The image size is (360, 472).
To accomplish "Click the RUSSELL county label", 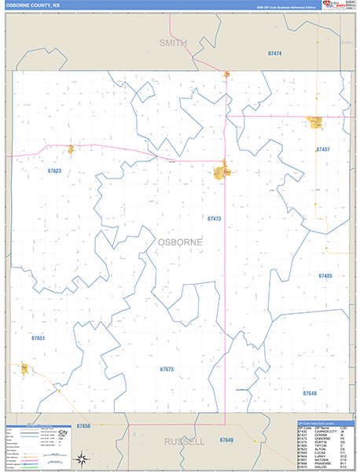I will click(184, 442).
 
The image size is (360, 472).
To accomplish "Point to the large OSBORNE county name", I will click(179, 243).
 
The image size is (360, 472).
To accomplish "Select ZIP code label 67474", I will click(274, 53).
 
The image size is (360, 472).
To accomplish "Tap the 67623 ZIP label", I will click(54, 171).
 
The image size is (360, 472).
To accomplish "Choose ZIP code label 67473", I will click(215, 219).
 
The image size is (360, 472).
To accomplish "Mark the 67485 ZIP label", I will click(325, 276).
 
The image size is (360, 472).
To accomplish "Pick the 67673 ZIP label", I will click(166, 369).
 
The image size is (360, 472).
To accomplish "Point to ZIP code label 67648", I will click(309, 392).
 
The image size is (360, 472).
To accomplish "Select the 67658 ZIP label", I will click(84, 426).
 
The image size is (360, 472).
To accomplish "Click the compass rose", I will click(81, 459).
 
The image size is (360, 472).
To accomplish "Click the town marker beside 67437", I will click(315, 122).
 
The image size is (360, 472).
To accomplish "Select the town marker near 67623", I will click(70, 149).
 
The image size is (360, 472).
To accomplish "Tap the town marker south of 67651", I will click(25, 368).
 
